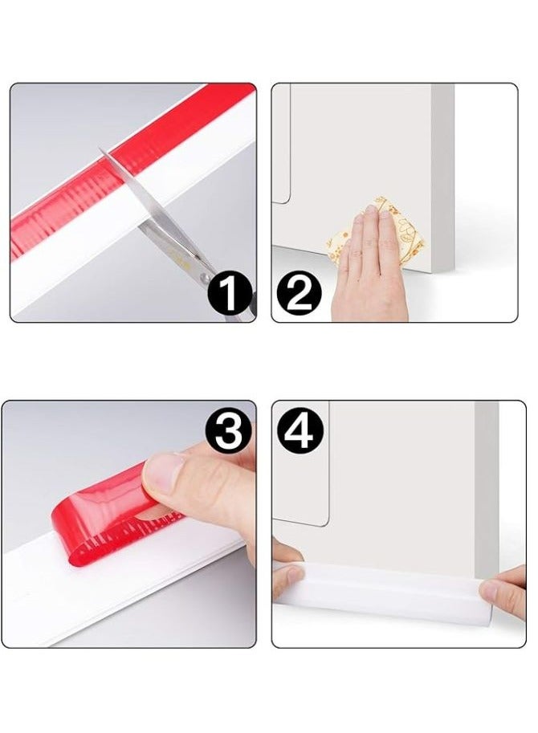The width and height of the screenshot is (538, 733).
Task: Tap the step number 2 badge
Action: point(298,294)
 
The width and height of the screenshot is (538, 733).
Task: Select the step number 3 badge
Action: point(229,434)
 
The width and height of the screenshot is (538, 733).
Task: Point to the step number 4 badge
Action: point(300,430)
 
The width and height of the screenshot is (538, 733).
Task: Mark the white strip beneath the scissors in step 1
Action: point(104,257)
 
